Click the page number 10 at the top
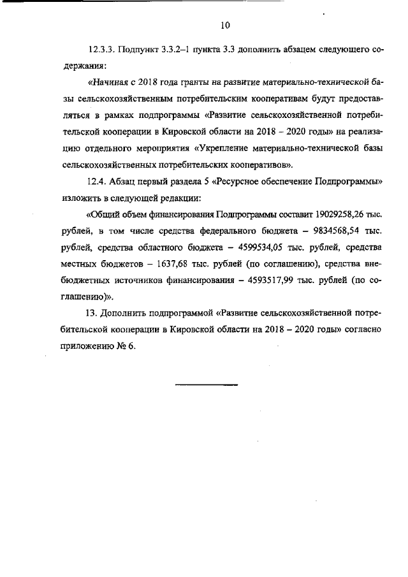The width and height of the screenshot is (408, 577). (x=224, y=26)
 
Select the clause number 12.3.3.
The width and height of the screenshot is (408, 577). (x=102, y=48)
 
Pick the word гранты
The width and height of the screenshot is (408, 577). (x=186, y=82)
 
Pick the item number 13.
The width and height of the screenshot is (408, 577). (x=91, y=314)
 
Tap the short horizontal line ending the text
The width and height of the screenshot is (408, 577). (x=206, y=384)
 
